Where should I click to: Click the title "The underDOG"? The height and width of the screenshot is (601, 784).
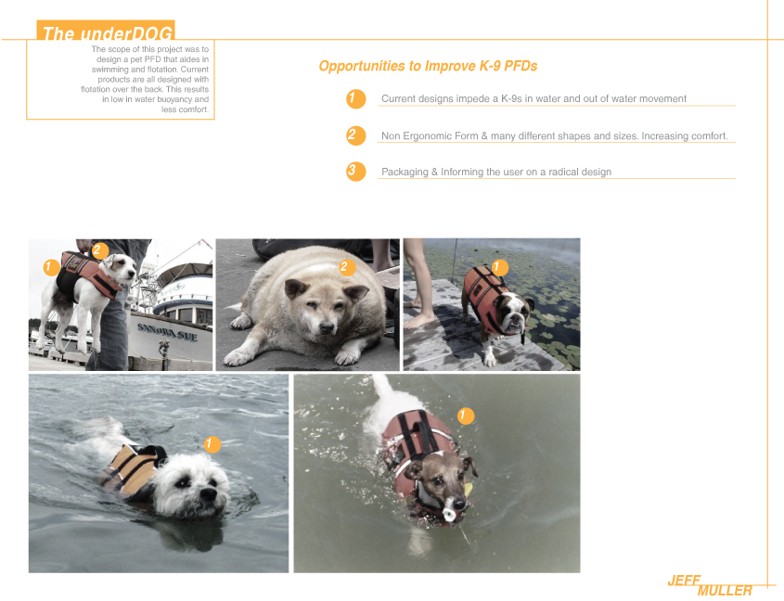tap(108, 33)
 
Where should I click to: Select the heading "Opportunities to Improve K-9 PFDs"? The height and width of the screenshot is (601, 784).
tap(428, 66)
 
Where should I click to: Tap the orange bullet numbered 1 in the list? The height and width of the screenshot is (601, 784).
tap(355, 98)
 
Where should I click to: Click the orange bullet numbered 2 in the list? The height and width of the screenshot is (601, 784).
tap(355, 135)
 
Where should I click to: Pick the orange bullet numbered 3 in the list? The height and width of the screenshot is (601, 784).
tap(355, 172)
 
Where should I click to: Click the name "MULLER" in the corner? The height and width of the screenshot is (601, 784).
tap(725, 591)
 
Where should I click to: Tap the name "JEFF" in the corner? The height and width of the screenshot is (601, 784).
tap(684, 581)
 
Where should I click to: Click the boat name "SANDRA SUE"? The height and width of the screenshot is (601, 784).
tap(167, 331)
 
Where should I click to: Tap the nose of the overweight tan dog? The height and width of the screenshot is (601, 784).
tap(327, 327)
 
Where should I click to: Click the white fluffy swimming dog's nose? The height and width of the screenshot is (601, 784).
tap(208, 494)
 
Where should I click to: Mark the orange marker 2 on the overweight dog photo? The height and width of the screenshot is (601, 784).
tap(345, 267)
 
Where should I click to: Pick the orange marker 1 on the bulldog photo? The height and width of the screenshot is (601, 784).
tap(498, 267)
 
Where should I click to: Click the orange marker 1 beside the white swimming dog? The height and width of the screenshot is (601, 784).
tap(212, 444)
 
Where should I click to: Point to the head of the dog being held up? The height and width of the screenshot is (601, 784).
tap(122, 270)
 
